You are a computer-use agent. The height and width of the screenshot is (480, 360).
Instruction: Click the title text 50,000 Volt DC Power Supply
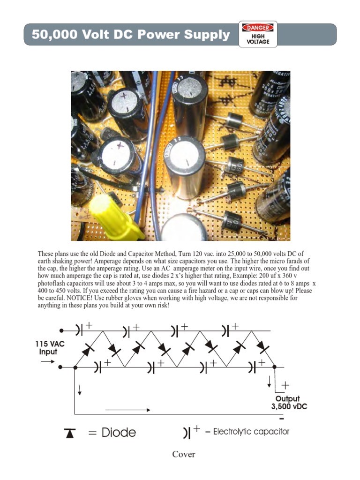coord(131,35)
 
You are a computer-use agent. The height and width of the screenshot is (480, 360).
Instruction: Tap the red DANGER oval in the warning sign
coord(258,28)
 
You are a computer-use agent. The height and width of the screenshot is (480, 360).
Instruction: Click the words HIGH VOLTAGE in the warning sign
coord(258,39)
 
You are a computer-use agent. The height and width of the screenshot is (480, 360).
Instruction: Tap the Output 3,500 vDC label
coord(289,403)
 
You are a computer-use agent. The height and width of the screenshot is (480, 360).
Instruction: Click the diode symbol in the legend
coord(70,433)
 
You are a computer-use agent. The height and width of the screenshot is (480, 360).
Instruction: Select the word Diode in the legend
coord(119,432)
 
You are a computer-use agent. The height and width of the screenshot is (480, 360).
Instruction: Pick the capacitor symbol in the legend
coord(187,433)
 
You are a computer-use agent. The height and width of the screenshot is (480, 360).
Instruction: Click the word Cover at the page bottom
coord(184,454)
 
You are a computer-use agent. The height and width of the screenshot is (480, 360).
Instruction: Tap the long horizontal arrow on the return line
coord(127,410)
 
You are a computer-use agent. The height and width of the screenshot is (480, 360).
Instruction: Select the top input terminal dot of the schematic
coord(61,331)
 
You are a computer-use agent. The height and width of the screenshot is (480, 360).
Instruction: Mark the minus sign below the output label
coord(281,418)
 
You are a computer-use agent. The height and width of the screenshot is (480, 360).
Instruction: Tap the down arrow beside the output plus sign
coord(269,382)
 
